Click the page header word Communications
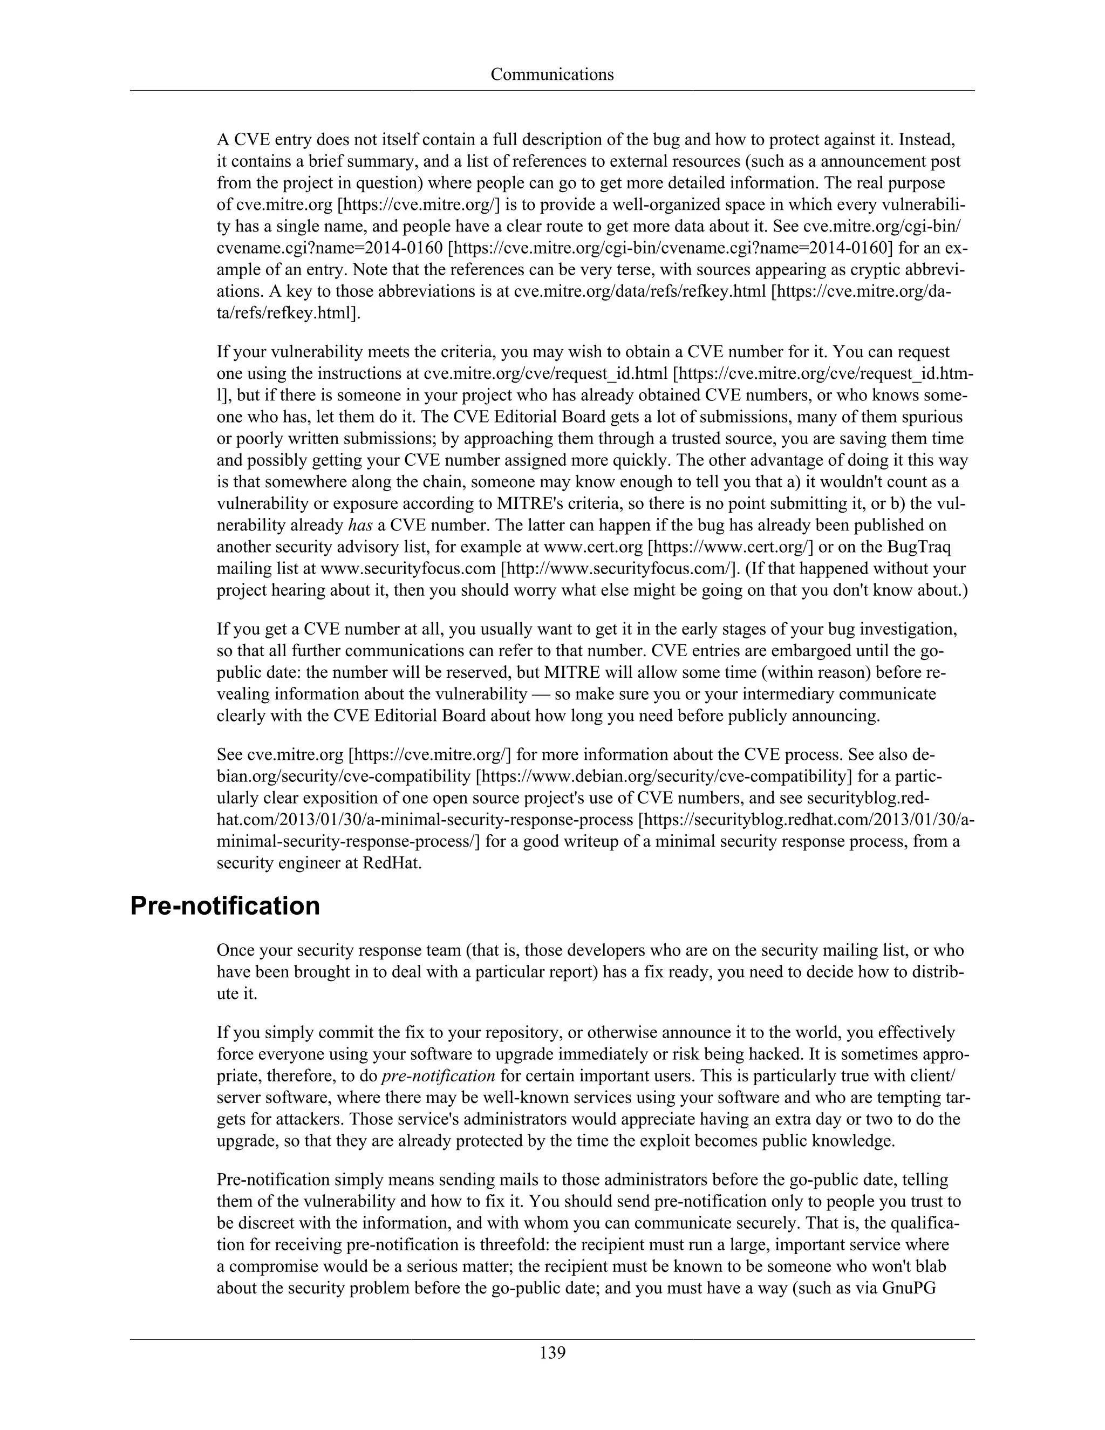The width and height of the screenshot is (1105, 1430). click(x=552, y=74)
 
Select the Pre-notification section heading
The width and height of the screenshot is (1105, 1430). click(x=225, y=906)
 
